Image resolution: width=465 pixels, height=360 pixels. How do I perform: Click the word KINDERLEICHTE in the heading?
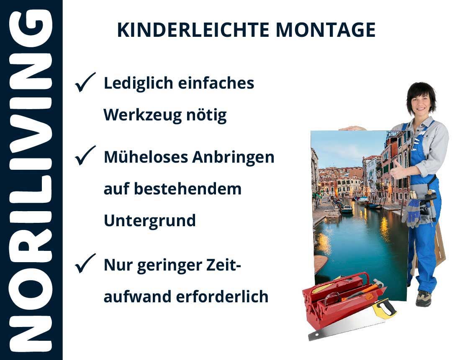point(193,30)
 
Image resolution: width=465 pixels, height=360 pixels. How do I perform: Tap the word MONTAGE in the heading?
point(326,30)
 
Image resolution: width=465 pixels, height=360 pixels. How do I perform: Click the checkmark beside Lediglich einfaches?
point(85,82)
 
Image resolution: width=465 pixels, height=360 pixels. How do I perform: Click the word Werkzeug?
point(142,115)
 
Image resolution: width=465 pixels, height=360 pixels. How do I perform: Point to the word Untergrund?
point(150,221)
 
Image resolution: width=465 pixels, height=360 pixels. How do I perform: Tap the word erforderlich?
point(222,296)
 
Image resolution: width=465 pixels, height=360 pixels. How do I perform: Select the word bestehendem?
point(188,189)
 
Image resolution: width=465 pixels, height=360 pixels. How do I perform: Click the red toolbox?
point(342,299)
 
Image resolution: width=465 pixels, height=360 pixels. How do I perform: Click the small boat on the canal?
point(346,209)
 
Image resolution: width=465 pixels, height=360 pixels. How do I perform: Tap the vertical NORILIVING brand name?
point(31,181)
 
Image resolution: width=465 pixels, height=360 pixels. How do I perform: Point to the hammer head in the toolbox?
point(378,282)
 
